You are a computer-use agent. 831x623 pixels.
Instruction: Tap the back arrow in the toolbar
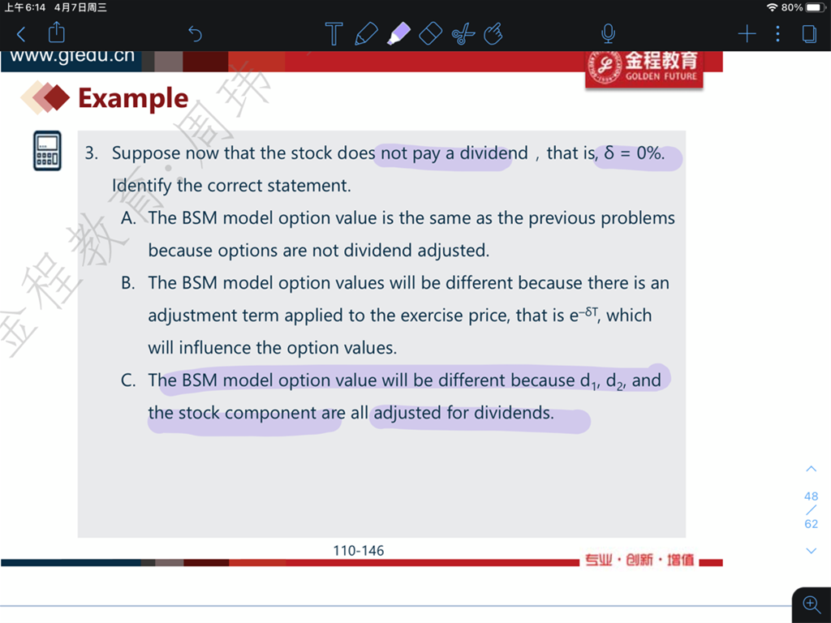pos(20,34)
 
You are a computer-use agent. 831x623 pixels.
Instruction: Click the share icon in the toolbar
pos(56,32)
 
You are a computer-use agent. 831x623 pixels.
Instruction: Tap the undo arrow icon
pos(195,34)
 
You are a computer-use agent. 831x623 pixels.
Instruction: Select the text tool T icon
pos(334,34)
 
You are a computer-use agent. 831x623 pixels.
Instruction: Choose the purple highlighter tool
pos(399,33)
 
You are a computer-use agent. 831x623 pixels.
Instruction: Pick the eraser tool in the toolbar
pos(430,34)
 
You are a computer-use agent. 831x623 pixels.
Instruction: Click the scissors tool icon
pos(463,34)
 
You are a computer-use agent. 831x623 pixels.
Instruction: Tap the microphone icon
pos(608,33)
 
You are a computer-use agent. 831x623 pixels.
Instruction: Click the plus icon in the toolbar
pos(747,34)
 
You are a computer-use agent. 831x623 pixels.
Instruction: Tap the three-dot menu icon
pos(777,34)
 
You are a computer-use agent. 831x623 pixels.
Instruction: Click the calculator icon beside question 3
pos(47,151)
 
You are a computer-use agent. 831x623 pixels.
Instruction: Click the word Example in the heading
pos(133,98)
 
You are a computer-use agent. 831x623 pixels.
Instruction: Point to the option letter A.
pos(127,217)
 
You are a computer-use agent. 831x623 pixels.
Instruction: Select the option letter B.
pos(127,283)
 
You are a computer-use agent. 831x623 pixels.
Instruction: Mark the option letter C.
pos(127,380)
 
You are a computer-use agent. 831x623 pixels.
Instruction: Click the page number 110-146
pos(358,551)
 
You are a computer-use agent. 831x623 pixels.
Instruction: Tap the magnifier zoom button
pos(812,604)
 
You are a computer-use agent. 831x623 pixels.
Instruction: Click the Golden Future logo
pos(644,68)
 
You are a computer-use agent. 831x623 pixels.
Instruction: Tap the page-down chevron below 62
pos(811,551)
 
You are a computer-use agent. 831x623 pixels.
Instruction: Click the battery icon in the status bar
pos(815,7)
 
